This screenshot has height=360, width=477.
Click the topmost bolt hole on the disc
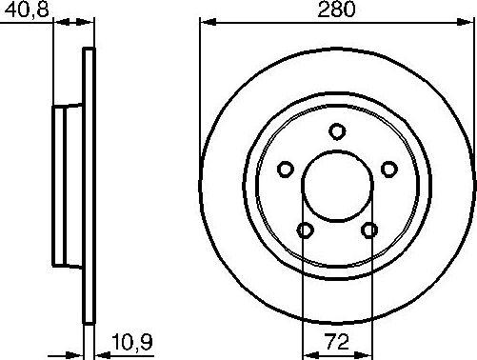click(337, 132)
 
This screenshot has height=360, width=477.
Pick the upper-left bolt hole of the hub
click(285, 170)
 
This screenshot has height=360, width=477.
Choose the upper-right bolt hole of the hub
click(388, 169)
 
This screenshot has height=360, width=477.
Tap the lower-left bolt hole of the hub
click(305, 230)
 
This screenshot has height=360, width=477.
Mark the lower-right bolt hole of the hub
click(369, 230)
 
